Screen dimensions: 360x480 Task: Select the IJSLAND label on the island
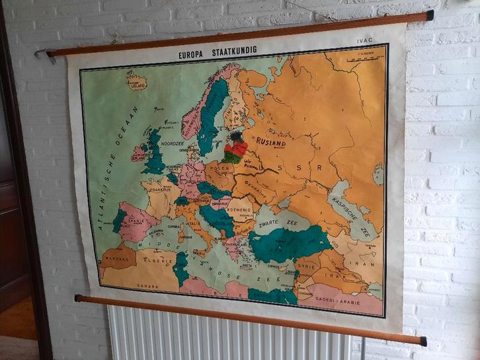[137, 85]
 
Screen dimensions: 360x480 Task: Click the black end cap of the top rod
[430, 15]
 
